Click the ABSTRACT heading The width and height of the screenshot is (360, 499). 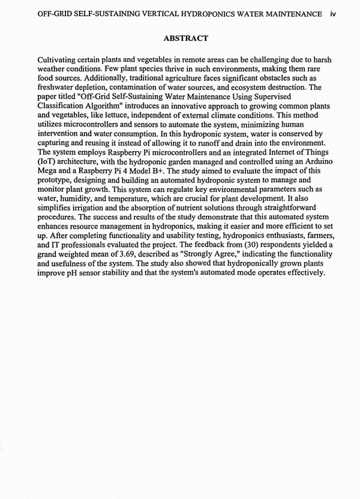pyautogui.click(x=185, y=38)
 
